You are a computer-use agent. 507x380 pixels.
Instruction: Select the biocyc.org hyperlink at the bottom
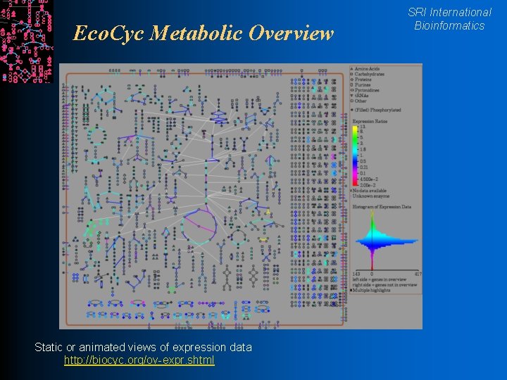point(139,360)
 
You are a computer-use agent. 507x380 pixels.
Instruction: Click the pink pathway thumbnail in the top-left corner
point(26,41)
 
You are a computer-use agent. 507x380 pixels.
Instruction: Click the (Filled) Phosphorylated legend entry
point(378,110)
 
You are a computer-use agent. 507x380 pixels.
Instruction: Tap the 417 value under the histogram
point(418,273)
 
